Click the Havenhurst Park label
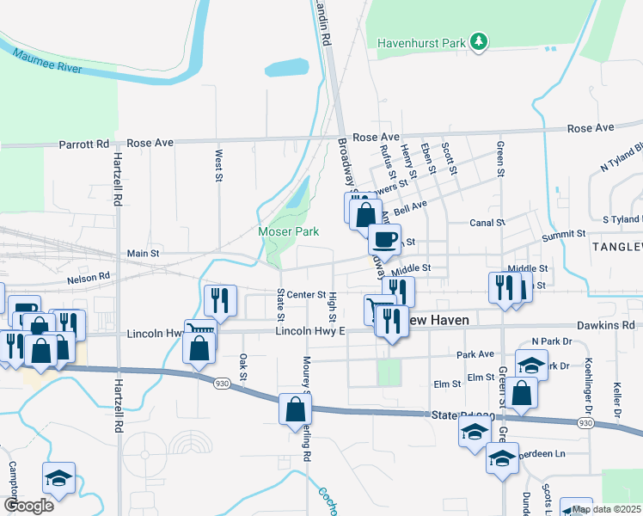click(421, 41)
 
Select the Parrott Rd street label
click(83, 144)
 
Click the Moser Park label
click(289, 231)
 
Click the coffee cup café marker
click(384, 237)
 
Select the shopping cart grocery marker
click(379, 308)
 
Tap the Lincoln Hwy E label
click(309, 331)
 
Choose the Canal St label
click(487, 223)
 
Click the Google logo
click(28, 505)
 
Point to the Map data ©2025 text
click(605, 509)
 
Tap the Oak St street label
click(243, 367)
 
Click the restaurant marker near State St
click(220, 299)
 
